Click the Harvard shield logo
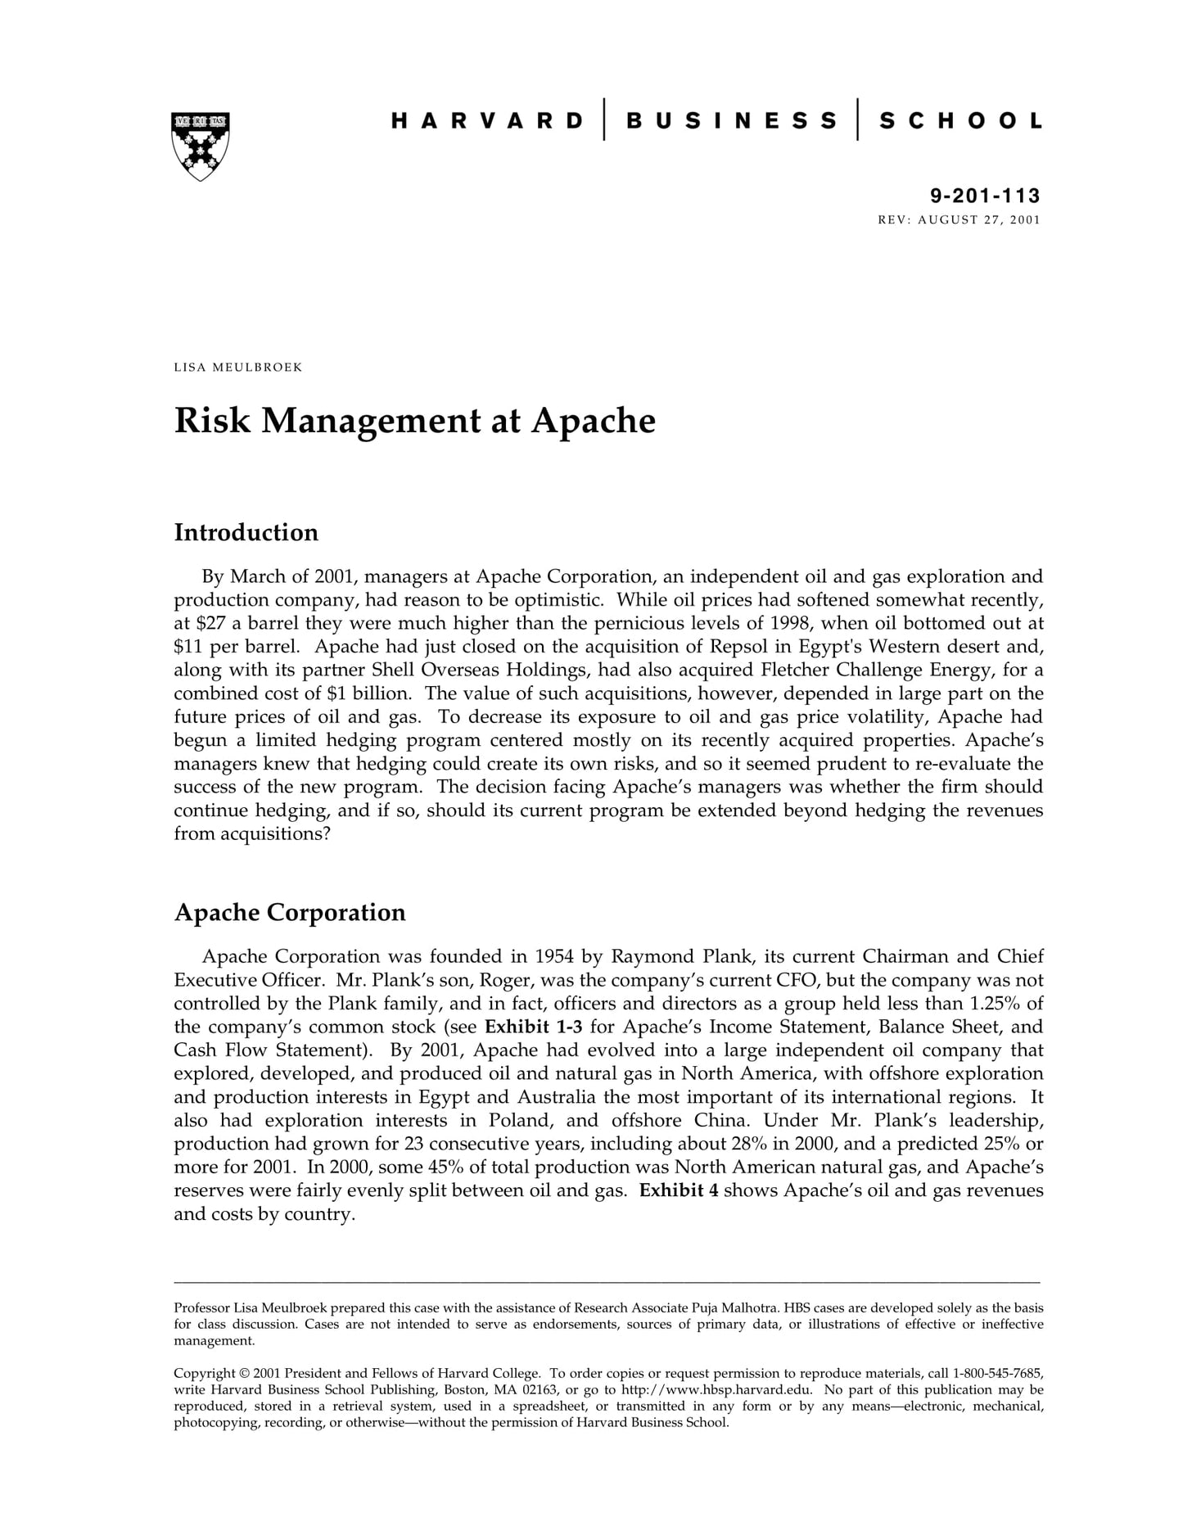200,146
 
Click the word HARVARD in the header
487,121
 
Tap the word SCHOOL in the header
960,121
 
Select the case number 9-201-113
984,196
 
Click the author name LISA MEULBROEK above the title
237,367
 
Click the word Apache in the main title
594,421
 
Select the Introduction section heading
246,533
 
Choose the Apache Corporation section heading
290,912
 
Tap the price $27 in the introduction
200,624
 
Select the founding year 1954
554,956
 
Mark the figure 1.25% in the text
996,1004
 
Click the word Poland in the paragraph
521,1120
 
